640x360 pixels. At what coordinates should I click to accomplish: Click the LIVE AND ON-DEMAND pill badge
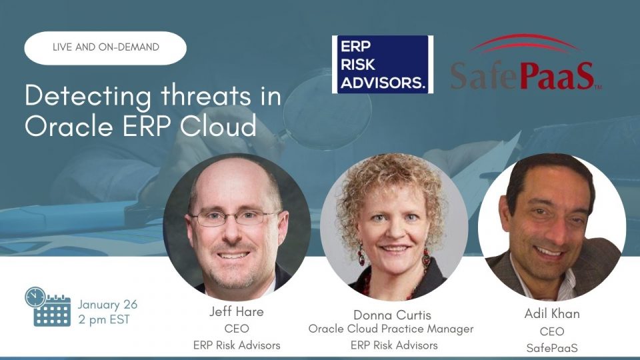point(105,48)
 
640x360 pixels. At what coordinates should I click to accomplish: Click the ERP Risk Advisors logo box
point(383,65)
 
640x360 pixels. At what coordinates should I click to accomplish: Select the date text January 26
point(107,304)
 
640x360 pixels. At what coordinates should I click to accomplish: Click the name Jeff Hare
point(236,312)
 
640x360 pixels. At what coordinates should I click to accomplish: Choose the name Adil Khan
point(551,313)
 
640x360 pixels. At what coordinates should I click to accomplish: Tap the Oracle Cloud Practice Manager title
point(391,329)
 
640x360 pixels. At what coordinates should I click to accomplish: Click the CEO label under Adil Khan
point(551,331)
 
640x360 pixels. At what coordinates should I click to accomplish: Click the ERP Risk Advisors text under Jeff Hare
point(236,345)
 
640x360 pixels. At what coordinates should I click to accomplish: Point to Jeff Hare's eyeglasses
point(235,218)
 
